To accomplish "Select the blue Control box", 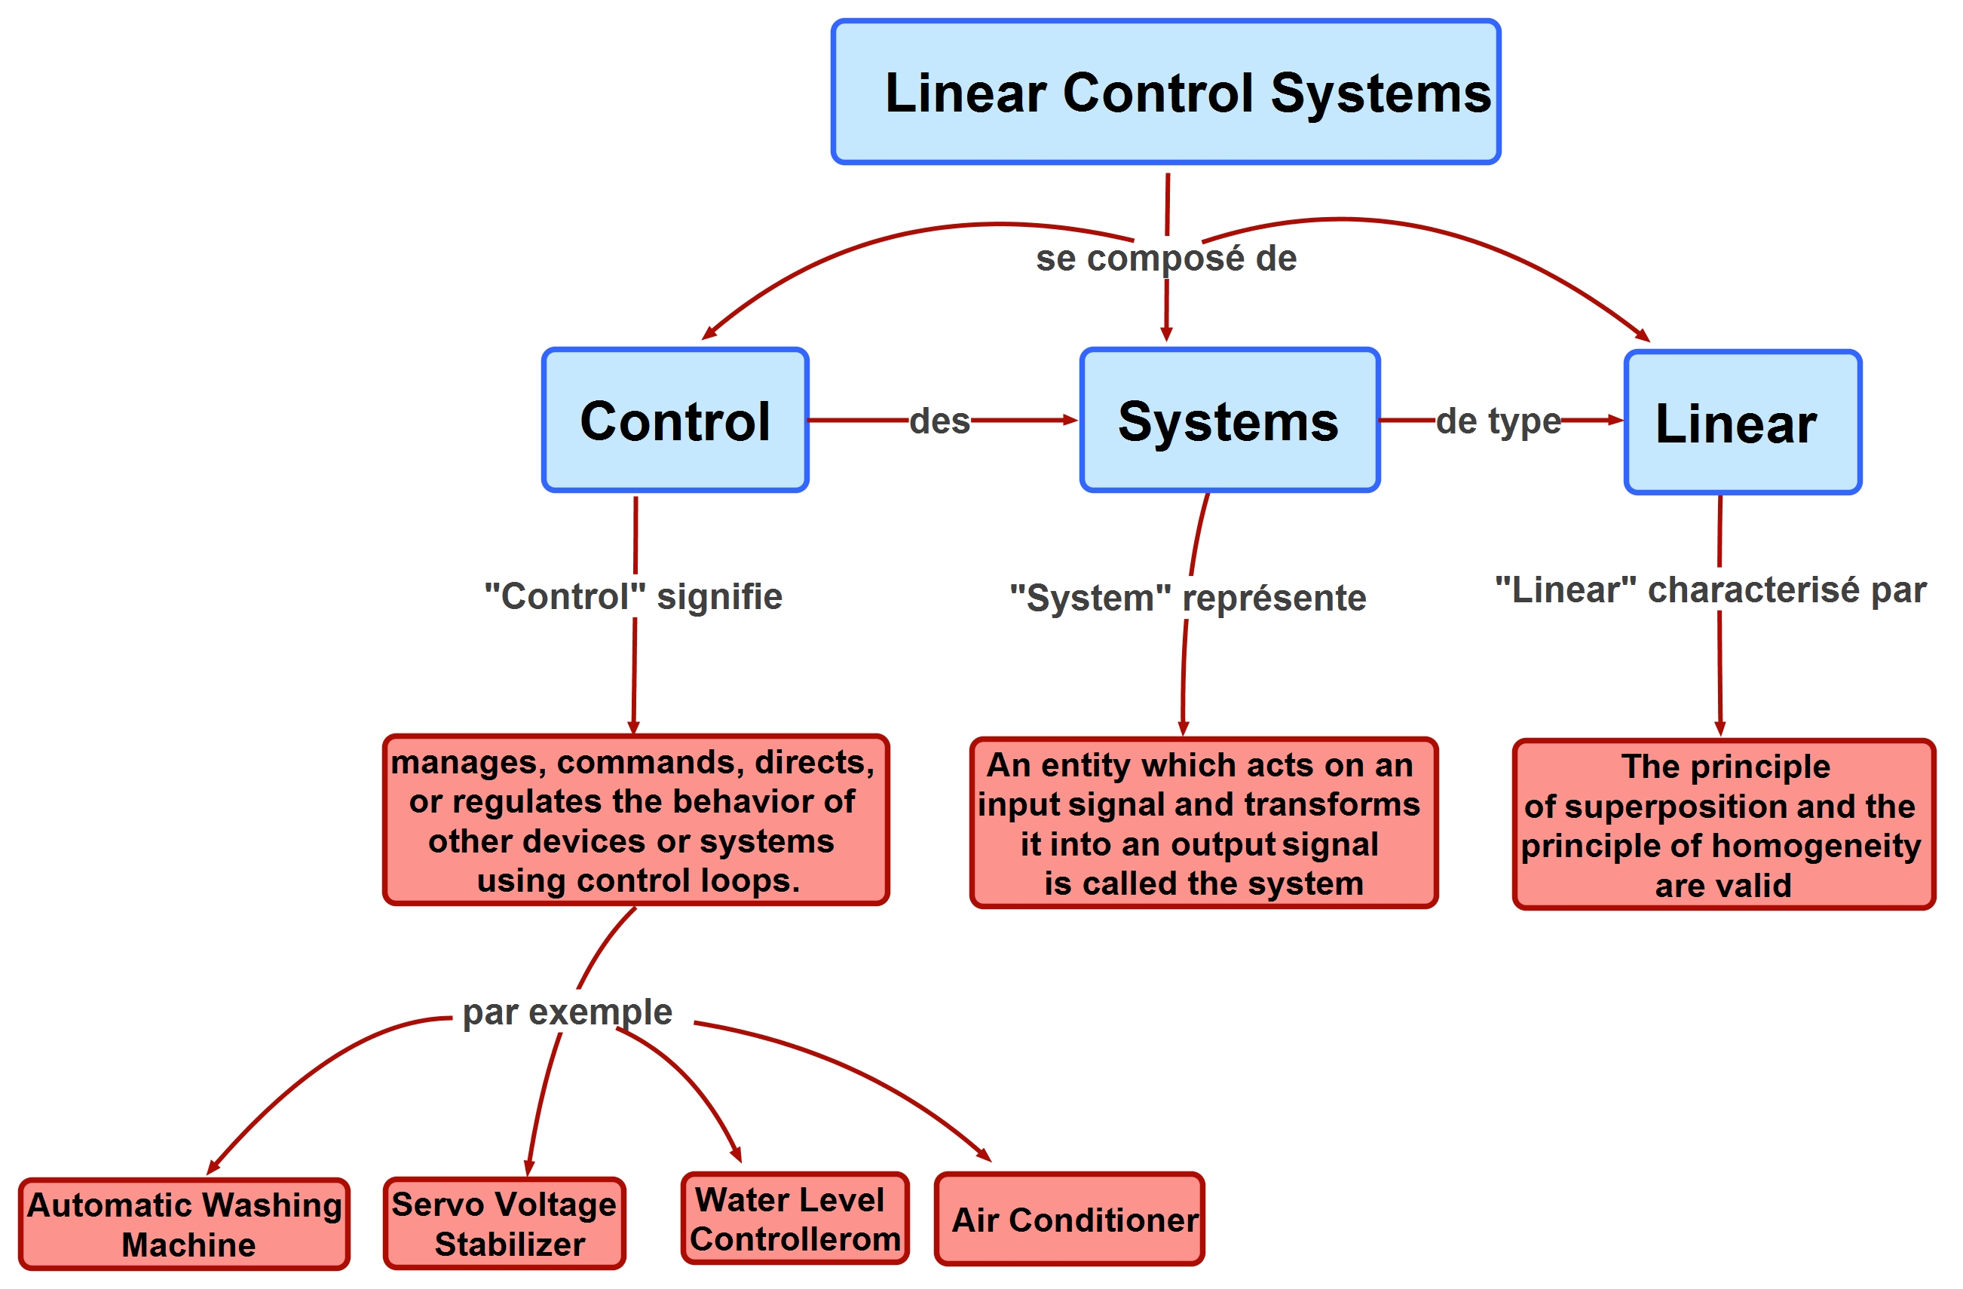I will point(675,421).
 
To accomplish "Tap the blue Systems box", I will point(1229,421).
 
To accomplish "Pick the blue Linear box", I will point(1742,422).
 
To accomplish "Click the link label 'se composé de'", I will point(1165,258).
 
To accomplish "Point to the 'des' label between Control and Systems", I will point(939,421).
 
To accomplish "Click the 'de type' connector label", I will point(1498,421).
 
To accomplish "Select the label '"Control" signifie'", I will point(632,596).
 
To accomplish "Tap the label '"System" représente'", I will point(1188,598).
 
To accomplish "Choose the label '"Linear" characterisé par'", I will point(1710,589).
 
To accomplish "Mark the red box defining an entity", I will point(1203,823).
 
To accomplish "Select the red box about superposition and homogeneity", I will point(1723,825).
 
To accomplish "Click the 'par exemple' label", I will point(567,1012).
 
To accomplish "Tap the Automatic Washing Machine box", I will point(184,1224).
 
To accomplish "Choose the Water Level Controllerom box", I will point(795,1218).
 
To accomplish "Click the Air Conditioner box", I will point(1069,1219).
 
